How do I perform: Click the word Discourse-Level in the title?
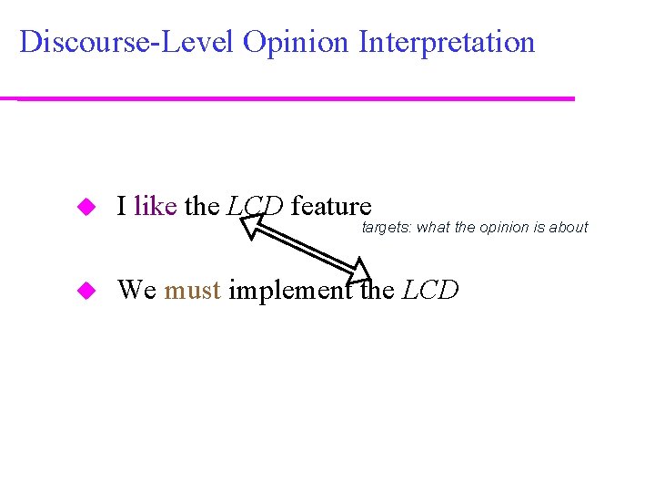pyautogui.click(x=126, y=42)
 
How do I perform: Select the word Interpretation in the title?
pyautogui.click(x=447, y=43)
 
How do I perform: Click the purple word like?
pyautogui.click(x=155, y=207)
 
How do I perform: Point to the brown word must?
pyautogui.click(x=192, y=290)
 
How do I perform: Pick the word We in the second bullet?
pyautogui.click(x=137, y=290)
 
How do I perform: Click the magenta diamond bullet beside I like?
pyautogui.click(x=87, y=208)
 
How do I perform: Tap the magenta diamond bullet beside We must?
pyautogui.click(x=87, y=291)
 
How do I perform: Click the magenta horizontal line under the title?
pyautogui.click(x=296, y=98)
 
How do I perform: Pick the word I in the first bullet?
pyautogui.click(x=122, y=207)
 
